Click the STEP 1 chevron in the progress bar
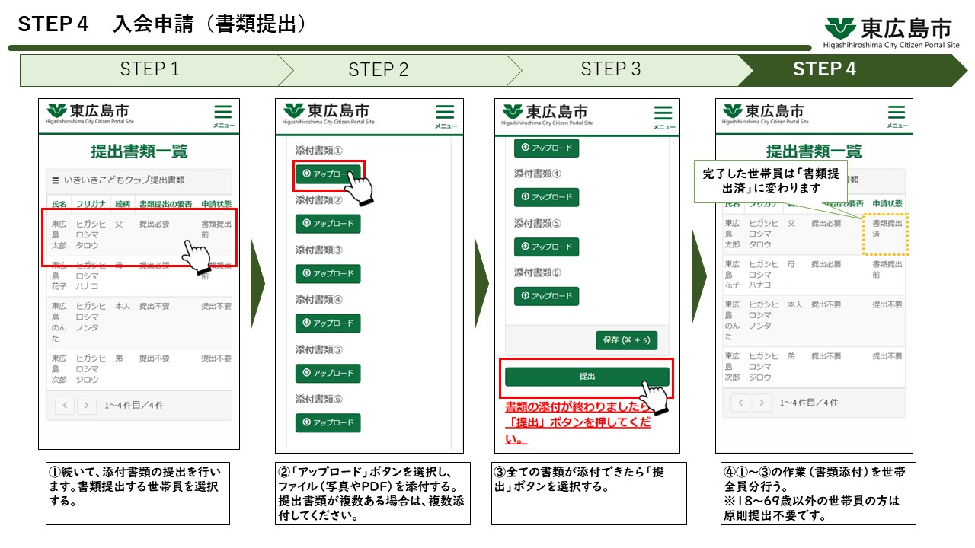pyautogui.click(x=149, y=70)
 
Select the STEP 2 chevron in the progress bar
pyautogui.click(x=379, y=70)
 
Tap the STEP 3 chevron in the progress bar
pyautogui.click(x=610, y=70)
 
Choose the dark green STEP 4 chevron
pyautogui.click(x=825, y=70)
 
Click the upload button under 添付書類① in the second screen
pyautogui.click(x=328, y=174)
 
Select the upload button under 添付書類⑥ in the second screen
pyautogui.click(x=328, y=422)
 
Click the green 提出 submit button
pyautogui.click(x=587, y=377)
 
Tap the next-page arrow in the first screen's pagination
pyautogui.click(x=86, y=406)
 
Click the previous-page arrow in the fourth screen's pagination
pyautogui.click(x=740, y=403)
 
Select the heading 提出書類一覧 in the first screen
pyautogui.click(x=139, y=151)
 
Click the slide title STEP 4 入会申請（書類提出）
pyautogui.click(x=161, y=24)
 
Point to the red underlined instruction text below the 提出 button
pyautogui.click(x=577, y=422)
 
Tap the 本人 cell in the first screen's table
pyautogui.click(x=122, y=307)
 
